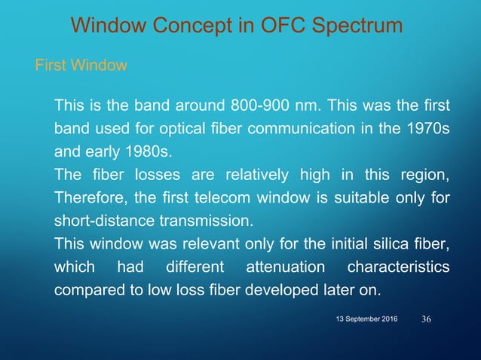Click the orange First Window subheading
coord(81,66)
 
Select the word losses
coord(145,175)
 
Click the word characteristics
coord(397,267)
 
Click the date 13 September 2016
coord(367,321)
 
